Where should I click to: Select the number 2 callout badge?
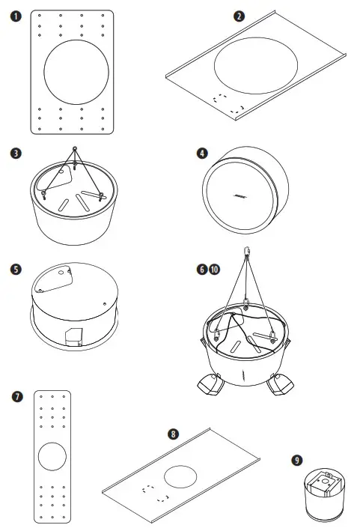click(x=239, y=16)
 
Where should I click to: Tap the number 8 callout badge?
click(x=174, y=433)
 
